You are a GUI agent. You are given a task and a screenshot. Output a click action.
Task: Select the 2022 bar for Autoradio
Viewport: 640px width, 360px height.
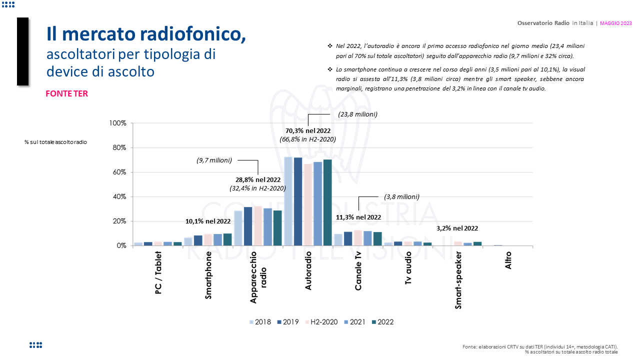pyautogui.click(x=327, y=202)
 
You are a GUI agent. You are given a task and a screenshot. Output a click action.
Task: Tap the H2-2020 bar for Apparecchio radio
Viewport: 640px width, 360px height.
pyautogui.click(x=258, y=225)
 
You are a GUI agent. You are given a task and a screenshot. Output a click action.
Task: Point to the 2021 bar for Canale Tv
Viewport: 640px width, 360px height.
pyautogui.click(x=367, y=238)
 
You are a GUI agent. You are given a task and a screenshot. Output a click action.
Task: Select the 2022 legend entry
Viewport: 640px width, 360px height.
pyautogui.click(x=382, y=322)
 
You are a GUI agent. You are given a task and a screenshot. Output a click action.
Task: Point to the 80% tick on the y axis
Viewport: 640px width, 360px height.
pyautogui.click(x=118, y=147)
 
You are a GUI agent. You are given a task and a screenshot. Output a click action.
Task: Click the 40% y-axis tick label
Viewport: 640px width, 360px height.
pyautogui.click(x=118, y=196)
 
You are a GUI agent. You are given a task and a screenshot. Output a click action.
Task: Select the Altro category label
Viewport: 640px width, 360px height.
pyautogui.click(x=508, y=260)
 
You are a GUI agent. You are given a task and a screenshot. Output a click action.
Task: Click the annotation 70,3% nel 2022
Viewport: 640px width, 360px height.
pyautogui.click(x=307, y=131)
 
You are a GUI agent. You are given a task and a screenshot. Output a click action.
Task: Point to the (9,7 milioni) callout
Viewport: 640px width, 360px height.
pyautogui.click(x=214, y=160)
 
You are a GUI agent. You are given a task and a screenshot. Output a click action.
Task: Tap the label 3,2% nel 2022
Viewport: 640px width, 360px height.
pyautogui.click(x=457, y=228)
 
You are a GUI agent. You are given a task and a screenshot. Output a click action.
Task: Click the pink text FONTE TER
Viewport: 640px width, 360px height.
pyautogui.click(x=66, y=93)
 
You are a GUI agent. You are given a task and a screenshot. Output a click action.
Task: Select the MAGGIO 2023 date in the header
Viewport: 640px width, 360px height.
pyautogui.click(x=615, y=23)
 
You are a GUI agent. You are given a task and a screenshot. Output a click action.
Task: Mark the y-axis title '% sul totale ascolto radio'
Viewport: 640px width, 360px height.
pyautogui.click(x=55, y=142)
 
